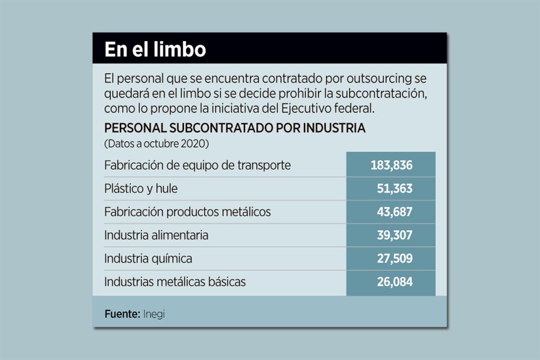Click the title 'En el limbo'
tap(155, 49)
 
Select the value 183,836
tap(391, 165)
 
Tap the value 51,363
tap(394, 189)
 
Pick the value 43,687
tap(394, 212)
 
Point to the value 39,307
tap(394, 235)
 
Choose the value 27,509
tap(394, 259)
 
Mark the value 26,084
tap(394, 282)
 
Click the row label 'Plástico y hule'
tap(141, 189)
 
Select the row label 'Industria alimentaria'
tap(156, 235)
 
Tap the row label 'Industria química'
tap(148, 259)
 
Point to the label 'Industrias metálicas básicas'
tap(174, 282)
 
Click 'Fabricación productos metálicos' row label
tap(187, 212)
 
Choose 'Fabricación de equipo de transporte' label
tap(197, 165)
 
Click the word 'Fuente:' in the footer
tap(122, 314)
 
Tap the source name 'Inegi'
tap(154, 314)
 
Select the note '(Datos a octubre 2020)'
tap(156, 143)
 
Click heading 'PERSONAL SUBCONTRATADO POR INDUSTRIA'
tap(235, 128)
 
